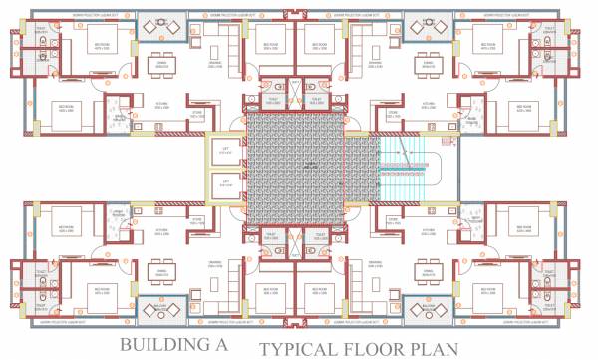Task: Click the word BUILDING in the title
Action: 158,345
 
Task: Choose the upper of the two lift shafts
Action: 225,152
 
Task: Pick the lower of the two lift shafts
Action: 225,184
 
